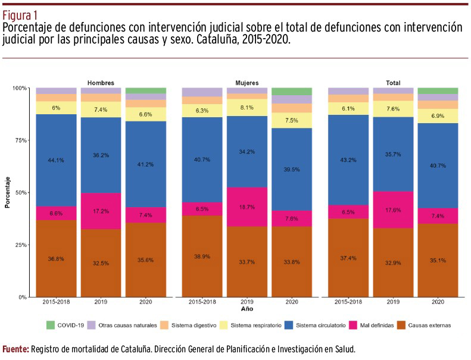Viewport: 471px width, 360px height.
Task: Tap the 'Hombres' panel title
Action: pos(101,83)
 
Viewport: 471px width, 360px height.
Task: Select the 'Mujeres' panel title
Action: pos(247,83)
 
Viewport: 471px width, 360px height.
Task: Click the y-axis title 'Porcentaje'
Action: pos(8,192)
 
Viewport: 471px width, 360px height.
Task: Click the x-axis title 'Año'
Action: pos(247,310)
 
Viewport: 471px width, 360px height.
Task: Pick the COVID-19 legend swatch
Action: pos(51,325)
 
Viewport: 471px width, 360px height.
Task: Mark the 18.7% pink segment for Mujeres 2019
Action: pos(247,206)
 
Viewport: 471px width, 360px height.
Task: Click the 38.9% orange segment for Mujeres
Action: pos(202,255)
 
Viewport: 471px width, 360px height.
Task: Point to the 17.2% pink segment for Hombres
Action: pos(101,211)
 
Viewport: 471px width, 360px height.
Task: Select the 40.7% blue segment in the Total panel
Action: pos(437,165)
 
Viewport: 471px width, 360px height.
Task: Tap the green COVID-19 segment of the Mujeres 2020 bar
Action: pos(292,92)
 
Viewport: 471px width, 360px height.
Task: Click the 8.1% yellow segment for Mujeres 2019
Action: pos(247,108)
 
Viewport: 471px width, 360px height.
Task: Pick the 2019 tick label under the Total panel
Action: pos(393,302)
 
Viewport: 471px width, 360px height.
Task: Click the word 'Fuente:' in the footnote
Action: pos(15,349)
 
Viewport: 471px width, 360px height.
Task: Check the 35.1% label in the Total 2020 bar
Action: pos(437,259)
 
